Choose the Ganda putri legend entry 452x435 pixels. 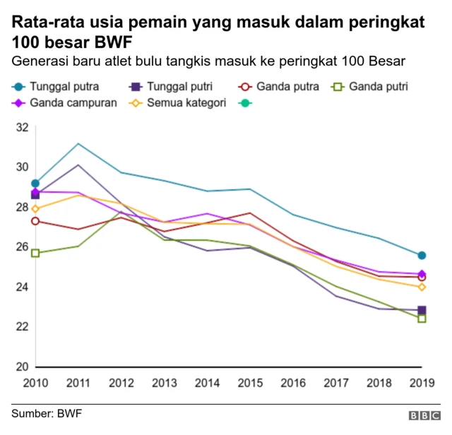point(376,88)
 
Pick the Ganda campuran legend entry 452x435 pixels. point(66,103)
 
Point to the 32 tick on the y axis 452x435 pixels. point(21,128)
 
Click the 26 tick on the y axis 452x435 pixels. point(21,247)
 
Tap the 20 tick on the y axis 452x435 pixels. point(21,367)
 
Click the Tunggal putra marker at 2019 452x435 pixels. point(422,256)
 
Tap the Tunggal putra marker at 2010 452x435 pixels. point(35,184)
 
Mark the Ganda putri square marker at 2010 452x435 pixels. point(35,253)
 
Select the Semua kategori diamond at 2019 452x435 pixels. point(422,287)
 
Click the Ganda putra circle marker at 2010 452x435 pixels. point(35,221)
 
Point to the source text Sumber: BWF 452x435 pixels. point(46,412)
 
